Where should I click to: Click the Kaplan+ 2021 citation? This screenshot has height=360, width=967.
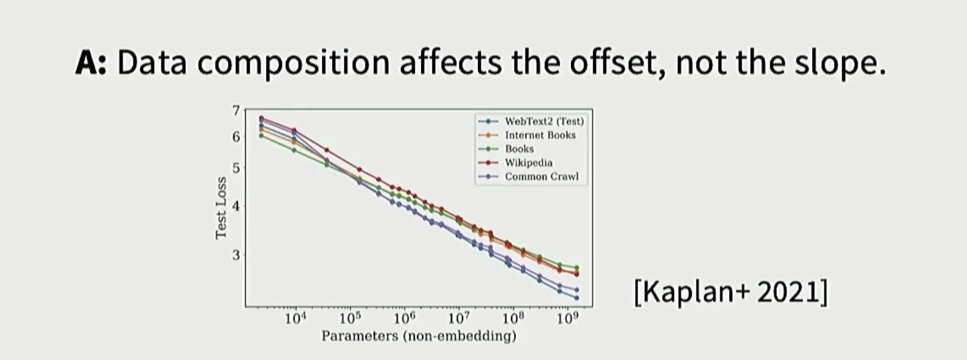[730, 292]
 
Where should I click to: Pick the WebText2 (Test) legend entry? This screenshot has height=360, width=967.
[544, 121]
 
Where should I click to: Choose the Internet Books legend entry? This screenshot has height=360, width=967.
[540, 135]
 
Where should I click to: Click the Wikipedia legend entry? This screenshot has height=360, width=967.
[528, 163]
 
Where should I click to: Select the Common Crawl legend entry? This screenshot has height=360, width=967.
[542, 177]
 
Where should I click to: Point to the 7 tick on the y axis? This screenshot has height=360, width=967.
[235, 111]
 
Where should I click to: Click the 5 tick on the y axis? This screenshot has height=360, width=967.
[235, 168]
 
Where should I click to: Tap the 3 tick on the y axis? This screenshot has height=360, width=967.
[235, 255]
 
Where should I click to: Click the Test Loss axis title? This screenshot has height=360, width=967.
[220, 207]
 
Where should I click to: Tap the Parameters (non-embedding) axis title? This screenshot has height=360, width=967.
[418, 336]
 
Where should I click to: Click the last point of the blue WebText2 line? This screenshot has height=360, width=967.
[576, 298]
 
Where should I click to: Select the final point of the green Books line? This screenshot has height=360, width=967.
[576, 268]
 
